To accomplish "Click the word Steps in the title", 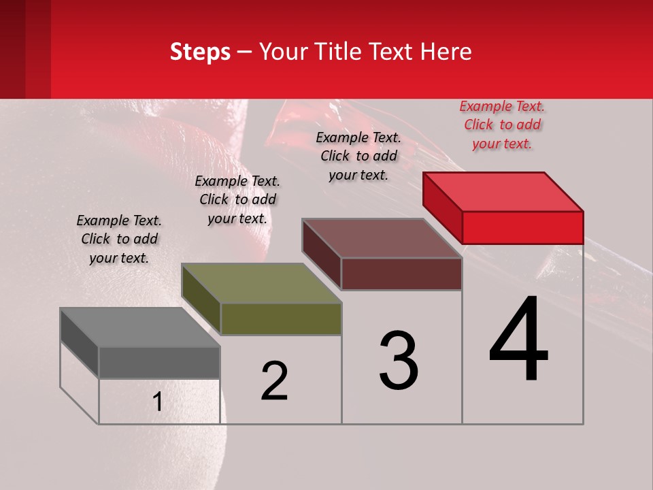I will (200, 52).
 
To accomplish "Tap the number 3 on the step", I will (399, 361).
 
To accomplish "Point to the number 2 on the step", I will (275, 381).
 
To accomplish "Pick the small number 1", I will (158, 402).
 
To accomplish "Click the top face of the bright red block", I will (503, 191).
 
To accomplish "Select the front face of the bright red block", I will (522, 227).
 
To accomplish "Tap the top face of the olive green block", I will (262, 282).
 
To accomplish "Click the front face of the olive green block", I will (281, 318).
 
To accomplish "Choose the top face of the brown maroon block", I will (382, 238).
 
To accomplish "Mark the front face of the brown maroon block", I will (401, 274).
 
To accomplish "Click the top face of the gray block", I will (140, 327).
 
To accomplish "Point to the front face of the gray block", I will (159, 362).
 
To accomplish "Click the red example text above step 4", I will (503, 125).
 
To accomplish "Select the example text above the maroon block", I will (358, 156).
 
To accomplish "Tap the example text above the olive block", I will (237, 199).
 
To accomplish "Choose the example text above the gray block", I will (119, 239).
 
